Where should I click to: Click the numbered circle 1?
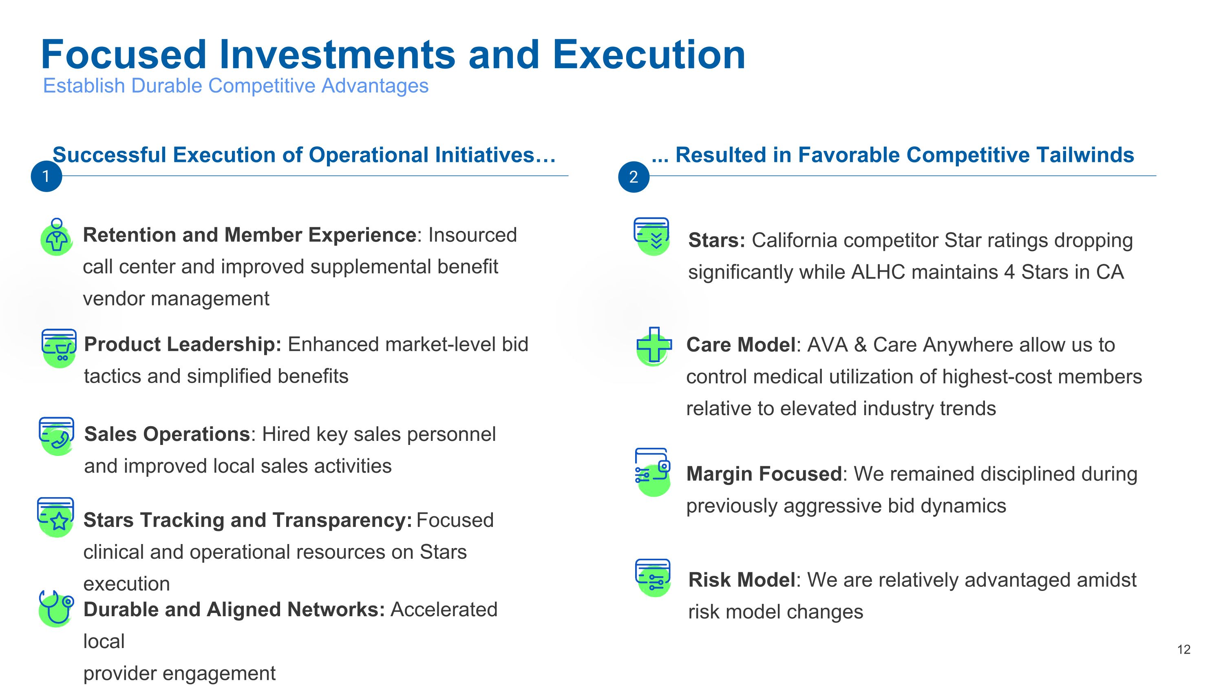pos(46,177)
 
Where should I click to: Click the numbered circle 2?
pos(634,177)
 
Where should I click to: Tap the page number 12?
pos(1183,650)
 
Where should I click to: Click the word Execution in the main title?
pos(649,55)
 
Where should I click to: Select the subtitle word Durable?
pos(167,86)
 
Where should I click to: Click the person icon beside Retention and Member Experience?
pos(57,237)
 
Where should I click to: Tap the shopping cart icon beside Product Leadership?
pos(59,348)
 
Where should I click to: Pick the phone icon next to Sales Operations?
pos(57,436)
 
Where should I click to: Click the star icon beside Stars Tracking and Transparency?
pos(55,517)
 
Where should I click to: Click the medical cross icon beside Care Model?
pos(654,346)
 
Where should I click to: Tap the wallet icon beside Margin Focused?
pos(653,472)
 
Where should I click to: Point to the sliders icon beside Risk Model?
pos(653,578)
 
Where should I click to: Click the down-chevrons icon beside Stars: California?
pos(651,237)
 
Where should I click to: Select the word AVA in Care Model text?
pos(828,345)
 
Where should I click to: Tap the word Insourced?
pos(472,235)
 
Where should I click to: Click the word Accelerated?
pos(444,610)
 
